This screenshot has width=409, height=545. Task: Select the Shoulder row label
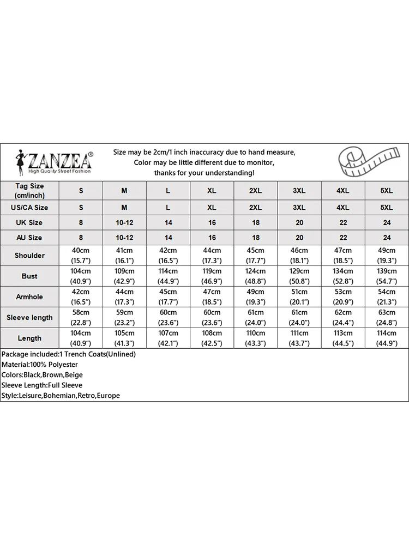pos(29,256)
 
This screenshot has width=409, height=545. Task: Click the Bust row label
pos(29,276)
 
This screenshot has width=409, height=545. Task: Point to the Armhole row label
pos(29,297)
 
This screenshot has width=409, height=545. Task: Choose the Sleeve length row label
pos(29,318)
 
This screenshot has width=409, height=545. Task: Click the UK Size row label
pos(29,222)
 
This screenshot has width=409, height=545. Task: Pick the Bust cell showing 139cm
pos(387,276)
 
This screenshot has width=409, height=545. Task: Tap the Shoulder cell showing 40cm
pos(81,256)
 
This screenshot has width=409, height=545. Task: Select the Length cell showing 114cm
pos(387,338)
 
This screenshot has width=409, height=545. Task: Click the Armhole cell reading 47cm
pos(212,297)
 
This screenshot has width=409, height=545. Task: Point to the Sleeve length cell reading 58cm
pos(81,318)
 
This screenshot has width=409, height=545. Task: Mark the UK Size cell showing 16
pos(212,222)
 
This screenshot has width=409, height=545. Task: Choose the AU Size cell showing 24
pos(387,238)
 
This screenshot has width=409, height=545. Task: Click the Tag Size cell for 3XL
pos(299,191)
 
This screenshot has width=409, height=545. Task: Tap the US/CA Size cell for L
pos(169,208)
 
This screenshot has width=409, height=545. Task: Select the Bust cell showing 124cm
pos(256,276)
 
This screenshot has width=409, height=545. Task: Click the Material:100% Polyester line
pos(40,365)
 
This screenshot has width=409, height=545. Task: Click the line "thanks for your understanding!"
pos(204,173)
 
